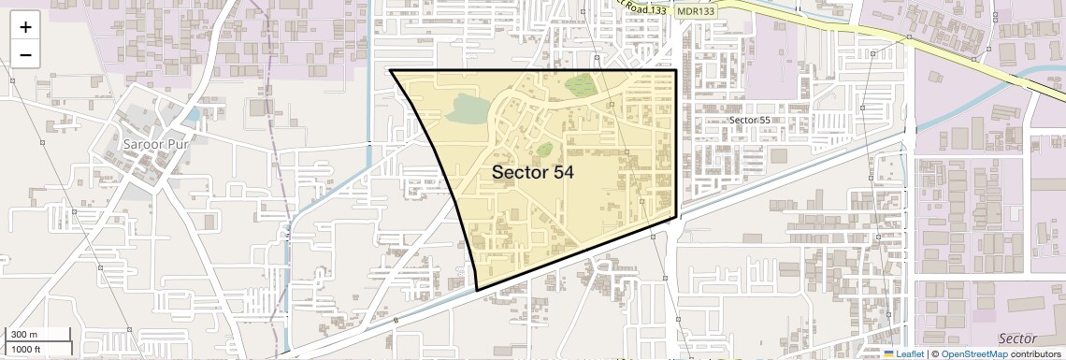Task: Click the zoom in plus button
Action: pyautogui.click(x=25, y=27)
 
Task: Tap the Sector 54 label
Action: pyautogui.click(x=532, y=172)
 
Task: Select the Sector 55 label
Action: pyautogui.click(x=750, y=121)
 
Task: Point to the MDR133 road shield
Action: pyautogui.click(x=695, y=10)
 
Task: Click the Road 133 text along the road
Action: pyautogui.click(x=646, y=8)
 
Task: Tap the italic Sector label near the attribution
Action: pyautogui.click(x=1017, y=338)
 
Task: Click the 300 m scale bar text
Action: pyautogui.click(x=24, y=335)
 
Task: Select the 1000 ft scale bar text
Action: pyautogui.click(x=27, y=349)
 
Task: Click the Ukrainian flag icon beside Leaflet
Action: pyautogui.click(x=888, y=354)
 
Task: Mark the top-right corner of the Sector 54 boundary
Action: pyautogui.click(x=677, y=70)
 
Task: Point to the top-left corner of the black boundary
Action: pyautogui.click(x=390, y=70)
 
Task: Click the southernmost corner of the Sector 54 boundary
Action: pyautogui.click(x=477, y=290)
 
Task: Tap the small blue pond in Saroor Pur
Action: pyautogui.click(x=193, y=115)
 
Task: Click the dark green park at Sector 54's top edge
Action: pyautogui.click(x=581, y=84)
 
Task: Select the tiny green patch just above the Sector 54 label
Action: pyautogui.click(x=543, y=149)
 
